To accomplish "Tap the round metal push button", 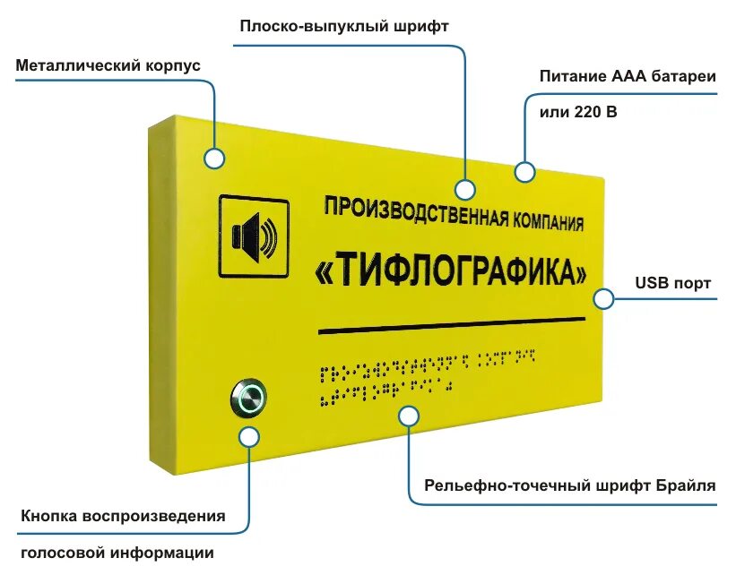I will coord(248,395).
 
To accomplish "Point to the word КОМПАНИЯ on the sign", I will coord(548,220).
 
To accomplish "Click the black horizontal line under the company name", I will coord(452,325).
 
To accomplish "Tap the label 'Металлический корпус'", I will coord(108,65).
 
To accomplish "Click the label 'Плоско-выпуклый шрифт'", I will coord(343,26).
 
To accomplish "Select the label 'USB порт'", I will coord(673,283).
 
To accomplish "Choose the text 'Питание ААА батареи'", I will coord(628,76).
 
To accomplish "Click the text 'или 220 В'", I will coord(578,113).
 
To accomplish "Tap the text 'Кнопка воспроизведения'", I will coord(122,517).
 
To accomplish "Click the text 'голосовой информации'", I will coord(117,553).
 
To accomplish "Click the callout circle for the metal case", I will coord(213,159).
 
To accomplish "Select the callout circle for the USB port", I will coord(603,298).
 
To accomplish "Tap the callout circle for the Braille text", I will coord(409,416).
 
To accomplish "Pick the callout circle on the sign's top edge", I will coord(524,169).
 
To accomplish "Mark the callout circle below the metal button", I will coord(249,437).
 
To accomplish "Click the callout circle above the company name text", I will coord(464,190).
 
